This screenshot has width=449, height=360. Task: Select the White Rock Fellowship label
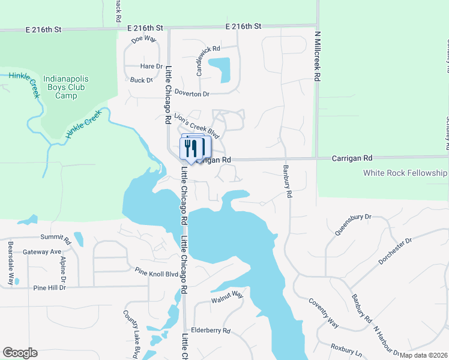(405, 173)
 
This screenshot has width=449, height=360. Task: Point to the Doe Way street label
(143, 38)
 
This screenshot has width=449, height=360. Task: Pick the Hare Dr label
(151, 66)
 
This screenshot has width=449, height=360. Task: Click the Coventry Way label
(324, 311)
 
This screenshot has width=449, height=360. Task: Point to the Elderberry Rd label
(210, 331)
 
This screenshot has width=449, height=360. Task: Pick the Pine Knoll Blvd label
(157, 272)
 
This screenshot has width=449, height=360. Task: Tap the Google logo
(20, 352)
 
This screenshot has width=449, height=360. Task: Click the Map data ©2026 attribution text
(423, 355)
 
